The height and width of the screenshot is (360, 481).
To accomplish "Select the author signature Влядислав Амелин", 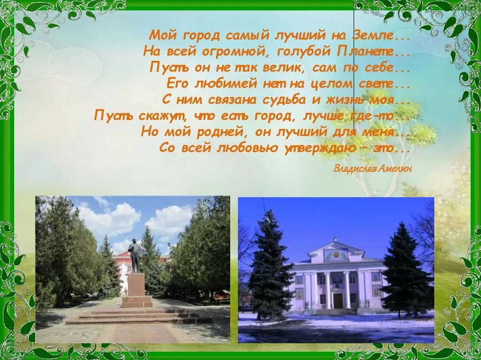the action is click(x=372, y=169).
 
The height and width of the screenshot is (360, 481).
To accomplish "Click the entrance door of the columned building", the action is click(x=338, y=301).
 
